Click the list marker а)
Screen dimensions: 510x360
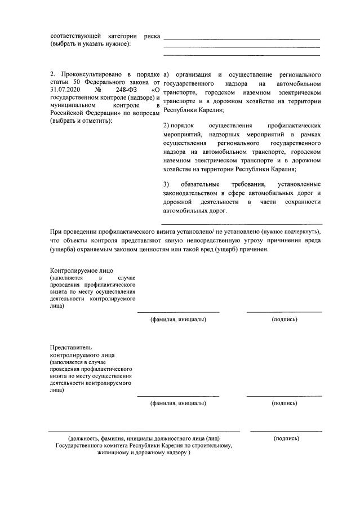(166, 74)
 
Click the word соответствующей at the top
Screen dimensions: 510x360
(73, 36)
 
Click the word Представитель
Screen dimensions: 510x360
(70, 348)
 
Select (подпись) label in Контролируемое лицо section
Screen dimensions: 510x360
(284, 320)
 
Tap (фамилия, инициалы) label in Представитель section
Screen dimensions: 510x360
(177, 403)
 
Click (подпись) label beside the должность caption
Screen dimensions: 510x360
(286, 438)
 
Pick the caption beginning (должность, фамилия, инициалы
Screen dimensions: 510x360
(144, 438)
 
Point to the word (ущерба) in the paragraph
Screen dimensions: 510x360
(64, 249)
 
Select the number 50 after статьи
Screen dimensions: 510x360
(72, 82)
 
